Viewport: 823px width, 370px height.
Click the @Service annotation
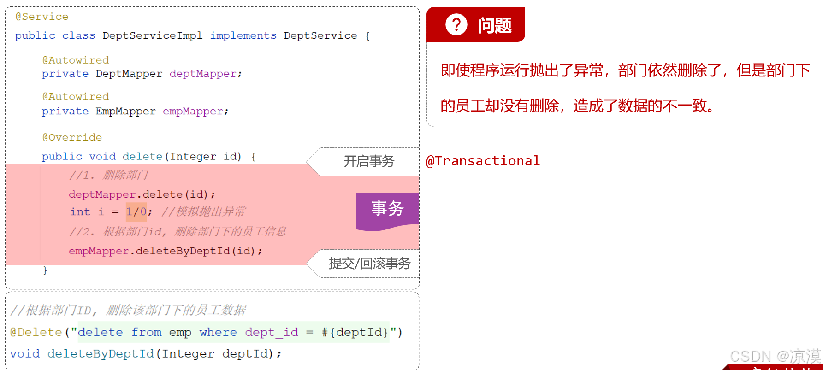[42, 17]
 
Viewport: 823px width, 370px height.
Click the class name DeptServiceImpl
[152, 36]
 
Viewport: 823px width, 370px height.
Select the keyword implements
[243, 36]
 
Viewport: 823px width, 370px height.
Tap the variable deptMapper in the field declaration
[203, 74]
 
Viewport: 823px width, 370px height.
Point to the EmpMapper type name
[125, 112]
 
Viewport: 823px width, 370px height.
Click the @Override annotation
[72, 137]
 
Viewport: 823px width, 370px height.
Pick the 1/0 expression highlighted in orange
[136, 212]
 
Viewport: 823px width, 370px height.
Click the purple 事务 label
[387, 209]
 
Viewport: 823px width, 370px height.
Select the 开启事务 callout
[369, 161]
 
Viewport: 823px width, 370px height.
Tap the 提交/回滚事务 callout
[369, 264]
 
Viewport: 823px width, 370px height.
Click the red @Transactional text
[483, 161]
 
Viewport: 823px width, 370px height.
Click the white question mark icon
[456, 24]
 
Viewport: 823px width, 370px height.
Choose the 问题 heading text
[495, 25]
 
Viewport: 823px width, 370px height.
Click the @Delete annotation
[36, 332]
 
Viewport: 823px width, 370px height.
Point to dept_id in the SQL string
[271, 332]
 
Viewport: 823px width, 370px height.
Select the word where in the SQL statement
[218, 332]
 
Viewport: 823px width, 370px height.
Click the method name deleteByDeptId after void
[101, 354]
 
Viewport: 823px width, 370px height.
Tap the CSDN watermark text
[775, 357]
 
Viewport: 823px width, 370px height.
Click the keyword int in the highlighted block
[80, 212]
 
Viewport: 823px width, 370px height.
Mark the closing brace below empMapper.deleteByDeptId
[45, 270]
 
